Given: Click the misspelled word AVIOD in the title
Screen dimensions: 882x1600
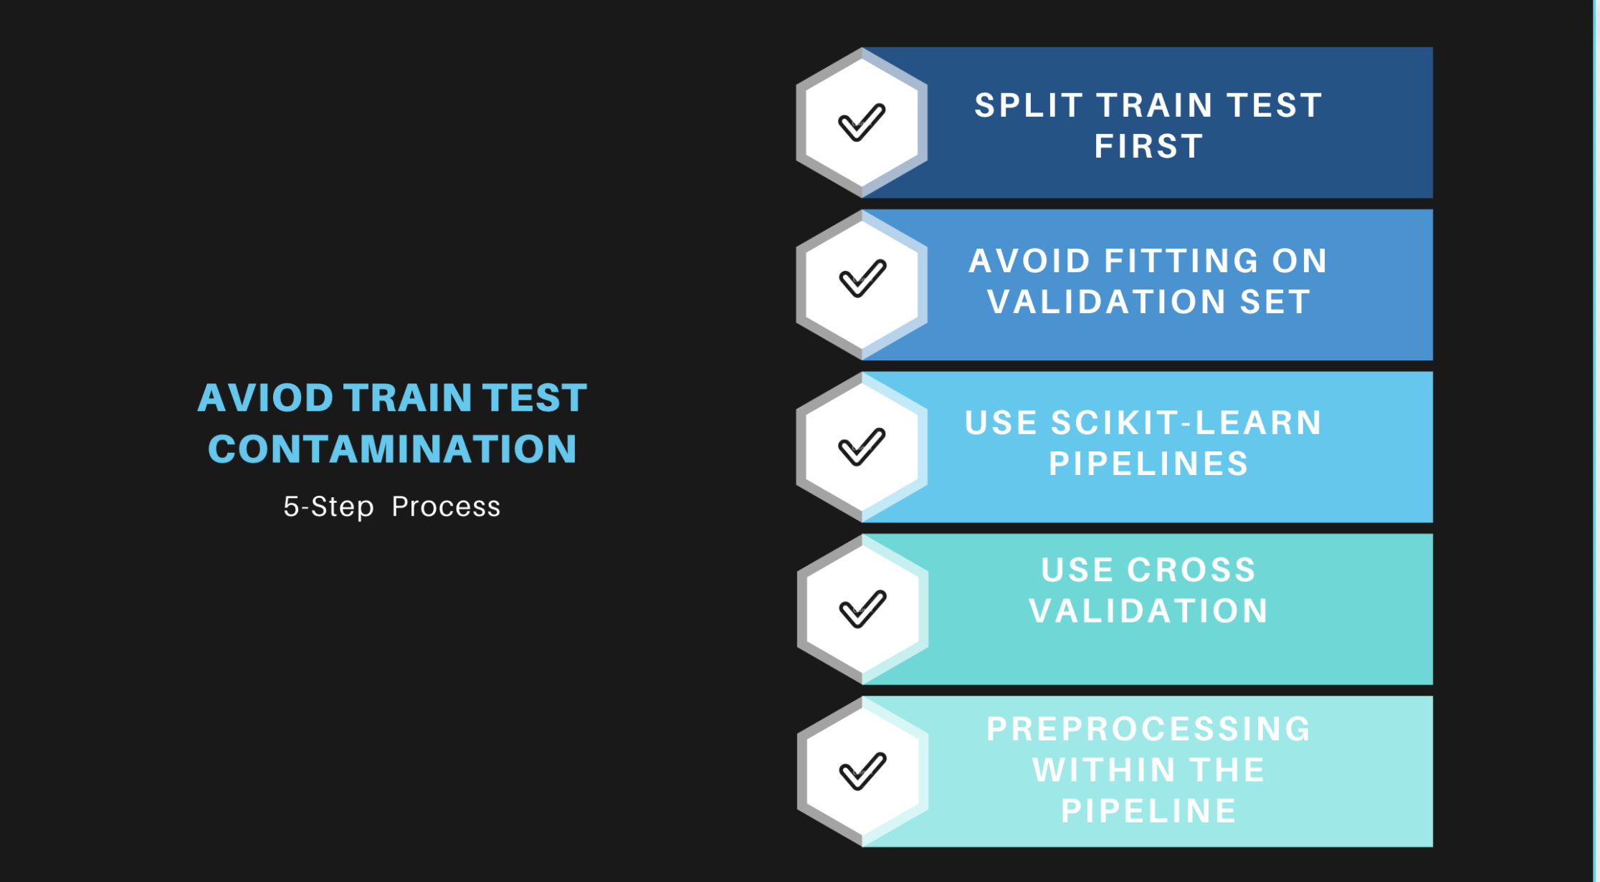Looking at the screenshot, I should (x=265, y=398).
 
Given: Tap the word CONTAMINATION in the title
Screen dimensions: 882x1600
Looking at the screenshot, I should (x=392, y=449).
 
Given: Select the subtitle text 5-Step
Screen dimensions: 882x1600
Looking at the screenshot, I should (x=328, y=507).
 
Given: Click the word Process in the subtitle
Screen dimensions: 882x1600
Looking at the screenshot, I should (x=446, y=507).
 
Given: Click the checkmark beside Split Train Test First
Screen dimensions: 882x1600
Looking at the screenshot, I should (x=862, y=123).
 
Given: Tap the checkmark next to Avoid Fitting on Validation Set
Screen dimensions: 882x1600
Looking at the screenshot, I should (x=862, y=278).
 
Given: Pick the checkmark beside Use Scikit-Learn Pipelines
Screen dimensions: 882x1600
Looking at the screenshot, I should (x=862, y=447).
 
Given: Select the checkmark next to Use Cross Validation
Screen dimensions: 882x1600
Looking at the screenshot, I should (x=862, y=609).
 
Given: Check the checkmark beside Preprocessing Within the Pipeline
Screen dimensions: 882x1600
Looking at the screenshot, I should (x=862, y=772).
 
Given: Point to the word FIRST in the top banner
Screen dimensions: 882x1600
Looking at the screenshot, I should (x=1148, y=147).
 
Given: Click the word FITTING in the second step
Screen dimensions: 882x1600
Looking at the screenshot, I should (x=1181, y=261).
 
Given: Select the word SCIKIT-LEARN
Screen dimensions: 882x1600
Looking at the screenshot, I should (x=1186, y=423).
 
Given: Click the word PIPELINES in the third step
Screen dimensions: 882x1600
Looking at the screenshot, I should (x=1148, y=464).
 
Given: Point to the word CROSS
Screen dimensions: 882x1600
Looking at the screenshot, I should (x=1191, y=570).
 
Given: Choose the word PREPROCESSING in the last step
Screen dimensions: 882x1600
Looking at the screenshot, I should (x=1148, y=729).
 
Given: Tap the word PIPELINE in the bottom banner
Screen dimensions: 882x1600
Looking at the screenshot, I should (x=1148, y=811).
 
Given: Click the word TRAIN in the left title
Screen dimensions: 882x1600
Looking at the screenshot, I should (x=407, y=398).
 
